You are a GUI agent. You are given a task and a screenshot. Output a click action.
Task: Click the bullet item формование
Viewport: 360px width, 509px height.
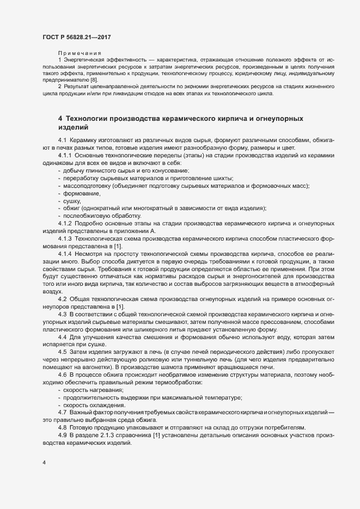coord(82,193)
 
